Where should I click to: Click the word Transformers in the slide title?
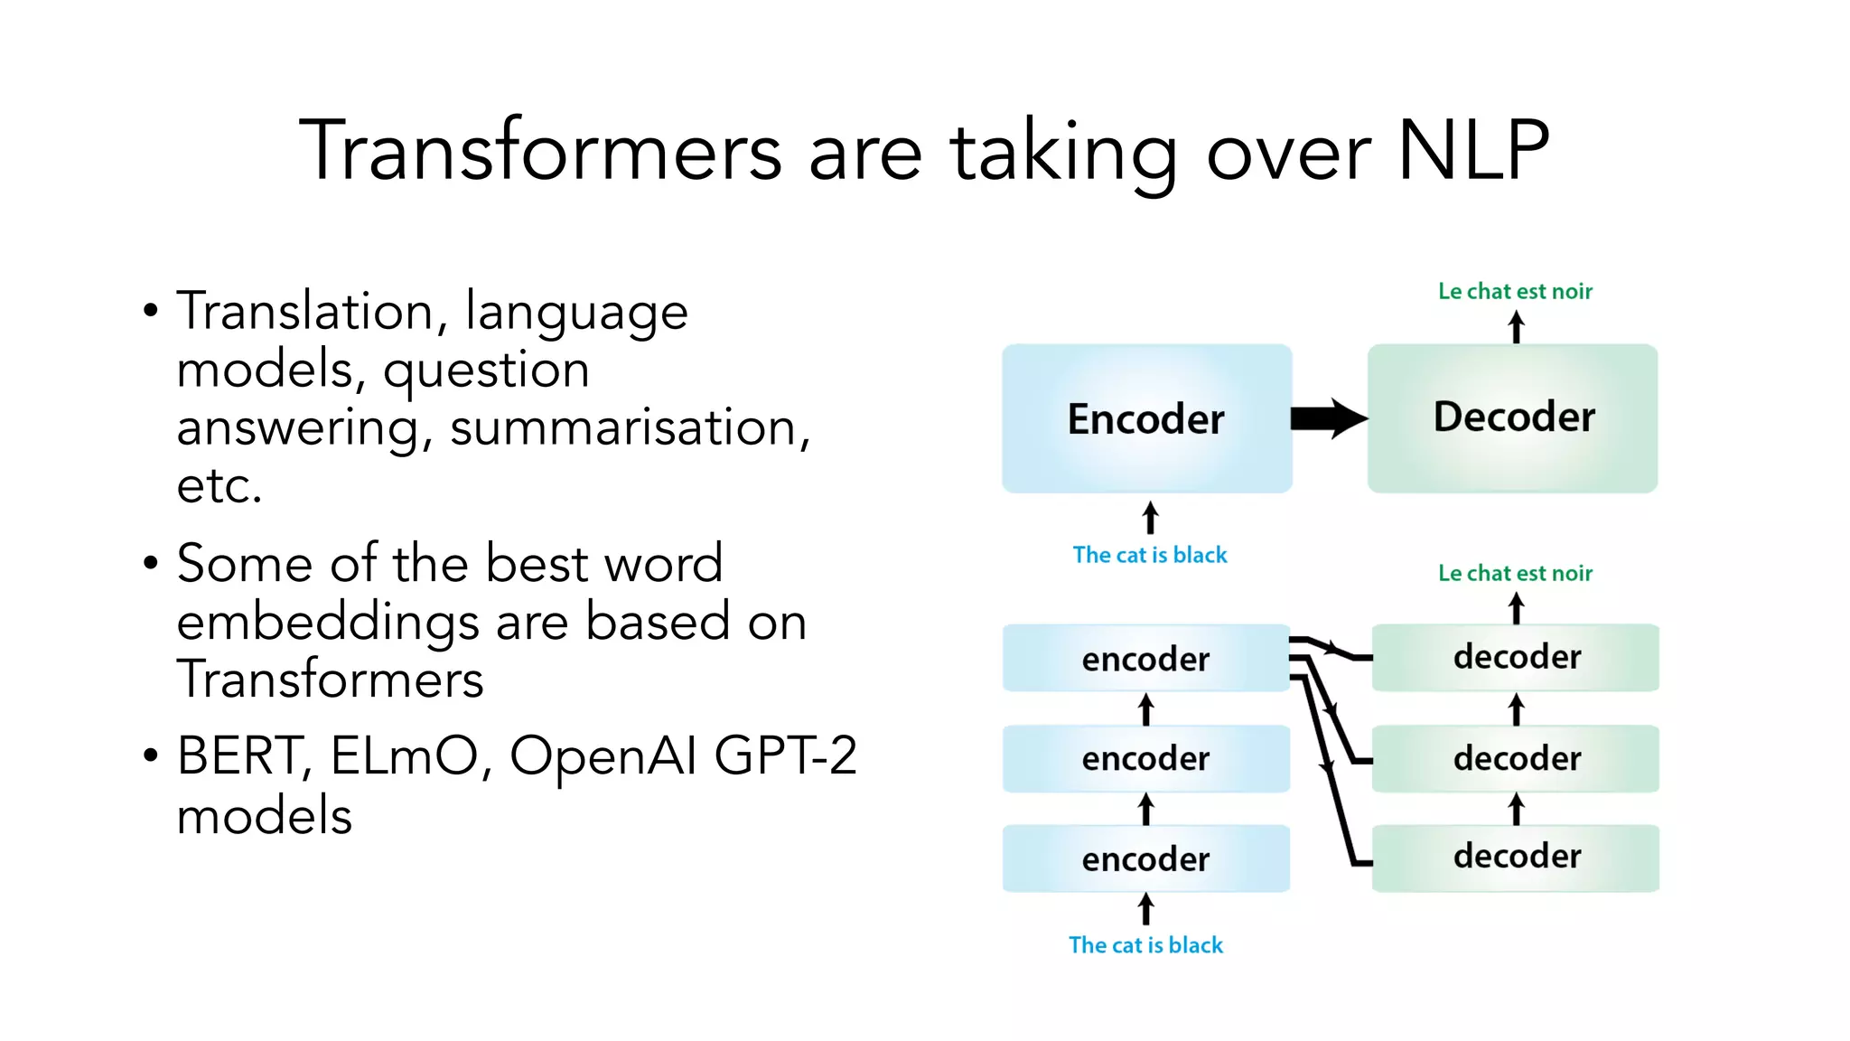point(540,151)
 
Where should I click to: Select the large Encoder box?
point(1146,418)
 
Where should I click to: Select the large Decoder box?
point(1513,417)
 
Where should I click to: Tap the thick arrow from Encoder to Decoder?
point(1328,418)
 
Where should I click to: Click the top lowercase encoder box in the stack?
point(1145,659)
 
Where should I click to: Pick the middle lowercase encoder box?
point(1145,758)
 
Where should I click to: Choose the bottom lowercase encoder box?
point(1145,858)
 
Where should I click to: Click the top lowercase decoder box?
point(1516,657)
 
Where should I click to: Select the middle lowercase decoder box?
point(1516,758)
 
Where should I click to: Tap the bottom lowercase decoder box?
point(1516,857)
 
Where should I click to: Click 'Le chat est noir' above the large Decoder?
point(1515,291)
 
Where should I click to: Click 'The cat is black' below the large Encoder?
point(1149,555)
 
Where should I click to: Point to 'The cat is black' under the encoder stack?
point(1145,945)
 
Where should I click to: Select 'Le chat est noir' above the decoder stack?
point(1515,573)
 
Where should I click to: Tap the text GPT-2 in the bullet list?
point(784,756)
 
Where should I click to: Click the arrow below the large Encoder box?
point(1150,518)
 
